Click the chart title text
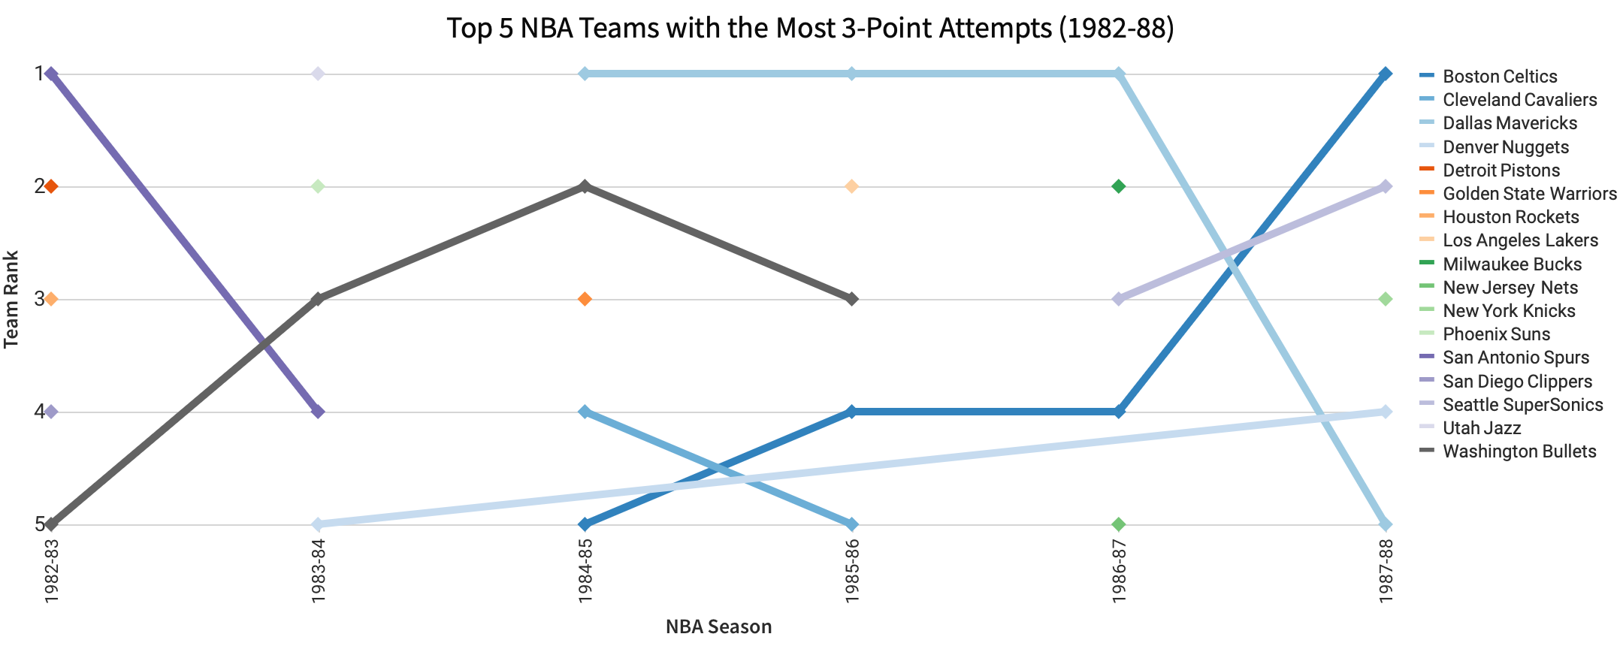pos(810,29)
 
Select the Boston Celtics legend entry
pos(1500,77)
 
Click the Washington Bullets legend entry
pos(1519,451)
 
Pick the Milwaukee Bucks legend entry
pos(1512,264)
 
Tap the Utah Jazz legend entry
pos(1482,428)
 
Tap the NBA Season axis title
pos(718,626)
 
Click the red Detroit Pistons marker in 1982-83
pos(51,186)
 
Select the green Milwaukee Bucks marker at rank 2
pos(1118,186)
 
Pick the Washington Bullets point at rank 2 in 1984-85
pos(585,186)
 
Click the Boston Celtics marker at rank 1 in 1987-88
pos(1386,74)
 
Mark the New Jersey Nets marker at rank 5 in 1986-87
pos(1118,524)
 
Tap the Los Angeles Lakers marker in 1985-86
pos(851,186)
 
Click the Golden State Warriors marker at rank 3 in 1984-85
pos(585,299)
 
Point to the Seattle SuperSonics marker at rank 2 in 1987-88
pos(1386,186)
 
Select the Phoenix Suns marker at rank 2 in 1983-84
pos(318,186)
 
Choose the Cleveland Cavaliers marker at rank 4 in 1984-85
pos(585,412)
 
